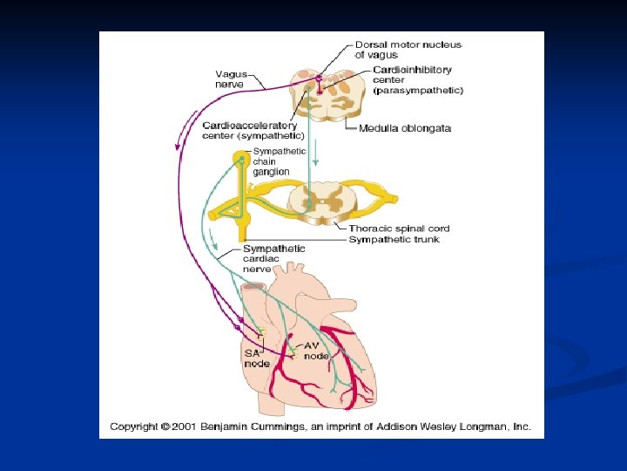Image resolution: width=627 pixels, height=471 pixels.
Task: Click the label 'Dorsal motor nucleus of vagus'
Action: pyautogui.click(x=408, y=50)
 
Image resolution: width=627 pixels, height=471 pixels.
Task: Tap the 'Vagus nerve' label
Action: pyautogui.click(x=230, y=79)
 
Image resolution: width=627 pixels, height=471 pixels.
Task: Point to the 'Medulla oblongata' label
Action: pyautogui.click(x=405, y=128)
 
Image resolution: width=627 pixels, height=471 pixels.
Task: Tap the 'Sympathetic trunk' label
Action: pyautogui.click(x=394, y=239)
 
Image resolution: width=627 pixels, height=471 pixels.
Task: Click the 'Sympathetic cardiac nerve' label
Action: pyautogui.click(x=273, y=259)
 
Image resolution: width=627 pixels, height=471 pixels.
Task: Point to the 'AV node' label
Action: pyautogui.click(x=316, y=351)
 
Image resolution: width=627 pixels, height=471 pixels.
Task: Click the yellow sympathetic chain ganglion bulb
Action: pyautogui.click(x=241, y=159)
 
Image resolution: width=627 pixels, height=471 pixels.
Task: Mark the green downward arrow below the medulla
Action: pyautogui.click(x=317, y=157)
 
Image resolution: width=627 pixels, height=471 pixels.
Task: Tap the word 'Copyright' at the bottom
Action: pyautogui.click(x=134, y=427)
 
